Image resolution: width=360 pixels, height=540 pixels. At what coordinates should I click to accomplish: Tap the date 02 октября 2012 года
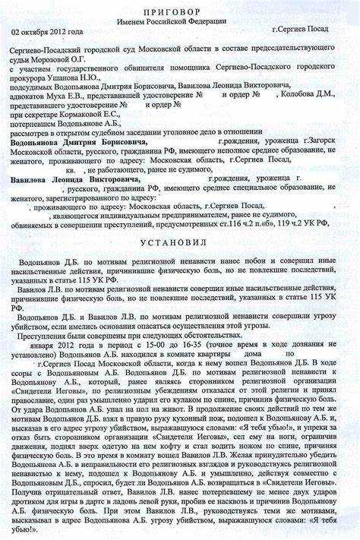click(47, 33)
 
